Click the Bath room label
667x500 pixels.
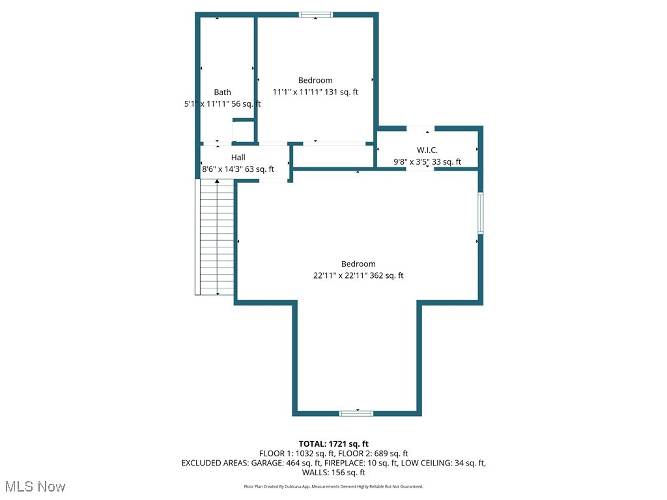pos(222,92)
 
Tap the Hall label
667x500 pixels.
pos(238,158)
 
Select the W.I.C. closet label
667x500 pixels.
pos(427,150)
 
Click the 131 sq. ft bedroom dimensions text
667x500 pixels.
pos(315,92)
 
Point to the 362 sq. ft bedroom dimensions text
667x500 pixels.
pos(358,275)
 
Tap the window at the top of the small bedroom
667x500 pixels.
pos(316,14)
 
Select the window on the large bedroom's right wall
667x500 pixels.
pos(481,213)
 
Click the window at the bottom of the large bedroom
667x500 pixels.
pos(357,413)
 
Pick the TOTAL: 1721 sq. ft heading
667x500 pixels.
pos(333,444)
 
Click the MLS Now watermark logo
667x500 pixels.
pos(35,486)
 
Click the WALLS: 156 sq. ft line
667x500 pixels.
pos(333,473)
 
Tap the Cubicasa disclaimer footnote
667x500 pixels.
pos(333,486)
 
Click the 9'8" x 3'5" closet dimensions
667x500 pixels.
pos(427,162)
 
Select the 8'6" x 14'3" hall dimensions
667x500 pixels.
pos(238,169)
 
